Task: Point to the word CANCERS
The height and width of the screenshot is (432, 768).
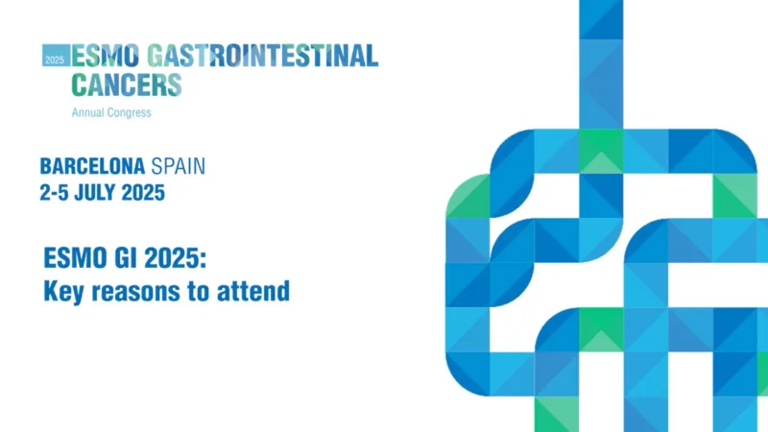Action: (x=126, y=84)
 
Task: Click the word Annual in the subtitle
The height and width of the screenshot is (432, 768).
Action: (x=89, y=112)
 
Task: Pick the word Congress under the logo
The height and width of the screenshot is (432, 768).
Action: (x=131, y=113)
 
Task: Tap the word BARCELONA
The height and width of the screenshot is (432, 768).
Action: (x=92, y=166)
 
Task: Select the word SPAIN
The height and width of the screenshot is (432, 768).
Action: (x=178, y=166)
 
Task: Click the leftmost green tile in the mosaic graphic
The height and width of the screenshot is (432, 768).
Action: (x=468, y=197)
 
